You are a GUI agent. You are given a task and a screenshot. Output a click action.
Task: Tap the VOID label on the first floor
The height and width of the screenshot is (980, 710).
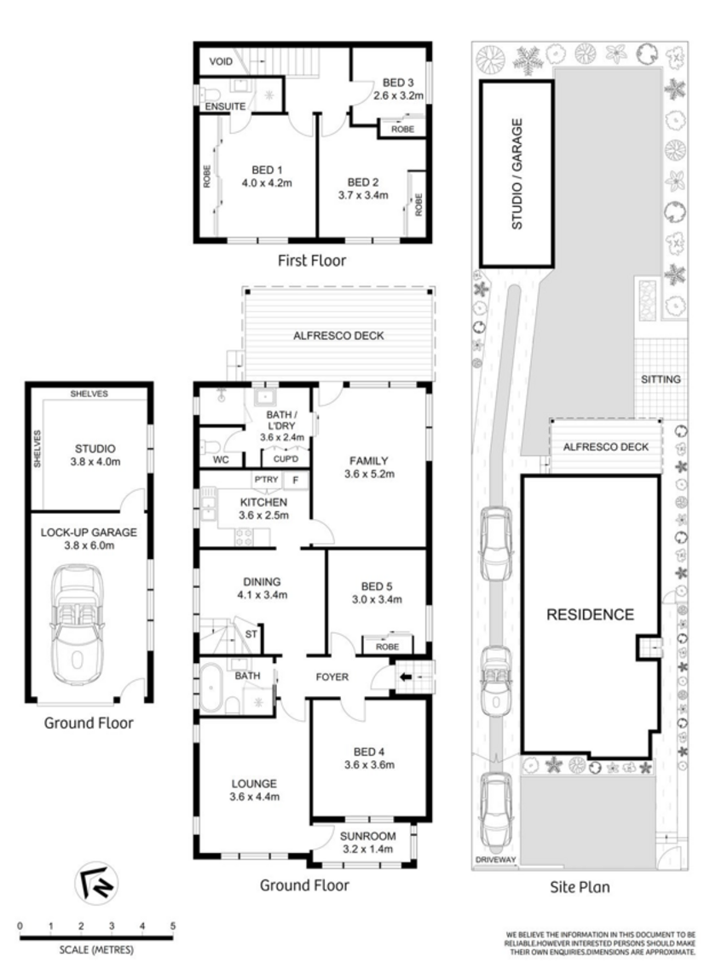(221, 61)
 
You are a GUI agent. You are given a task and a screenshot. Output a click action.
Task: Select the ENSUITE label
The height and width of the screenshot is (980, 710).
(225, 107)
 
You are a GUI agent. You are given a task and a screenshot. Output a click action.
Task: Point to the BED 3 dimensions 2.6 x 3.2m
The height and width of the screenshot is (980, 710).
(398, 96)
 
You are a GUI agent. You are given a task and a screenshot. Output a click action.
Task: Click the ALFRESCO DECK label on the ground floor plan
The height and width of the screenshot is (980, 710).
(338, 336)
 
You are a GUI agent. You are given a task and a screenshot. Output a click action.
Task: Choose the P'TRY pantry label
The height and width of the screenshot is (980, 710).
(266, 480)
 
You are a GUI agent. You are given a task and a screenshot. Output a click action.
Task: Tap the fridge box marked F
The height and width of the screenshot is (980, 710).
(297, 481)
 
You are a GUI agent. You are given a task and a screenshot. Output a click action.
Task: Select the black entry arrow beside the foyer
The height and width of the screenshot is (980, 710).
(406, 677)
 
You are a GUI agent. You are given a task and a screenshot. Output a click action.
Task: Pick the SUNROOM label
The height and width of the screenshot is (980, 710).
(367, 836)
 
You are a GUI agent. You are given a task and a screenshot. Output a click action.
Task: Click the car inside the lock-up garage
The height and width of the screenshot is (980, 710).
(78, 625)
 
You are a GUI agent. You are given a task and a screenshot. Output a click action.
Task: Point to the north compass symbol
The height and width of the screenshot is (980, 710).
(97, 883)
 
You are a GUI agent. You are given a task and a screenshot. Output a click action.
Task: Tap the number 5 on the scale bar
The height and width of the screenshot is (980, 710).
(172, 926)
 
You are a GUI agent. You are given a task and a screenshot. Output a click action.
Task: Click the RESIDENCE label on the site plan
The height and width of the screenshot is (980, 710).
(590, 615)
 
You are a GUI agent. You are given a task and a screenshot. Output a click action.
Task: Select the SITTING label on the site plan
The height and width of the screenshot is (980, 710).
(661, 379)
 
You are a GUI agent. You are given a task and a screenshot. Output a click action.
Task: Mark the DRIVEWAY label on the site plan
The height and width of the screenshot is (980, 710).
(495, 860)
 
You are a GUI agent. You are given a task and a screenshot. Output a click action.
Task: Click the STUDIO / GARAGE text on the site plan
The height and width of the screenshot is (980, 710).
(517, 174)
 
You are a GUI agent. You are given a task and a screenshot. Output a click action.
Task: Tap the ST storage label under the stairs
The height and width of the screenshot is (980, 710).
(251, 634)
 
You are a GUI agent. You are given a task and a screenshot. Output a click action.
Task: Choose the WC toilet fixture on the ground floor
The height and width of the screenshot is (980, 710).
(209, 447)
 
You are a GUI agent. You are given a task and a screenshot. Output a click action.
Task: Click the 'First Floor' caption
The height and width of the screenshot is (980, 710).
(312, 261)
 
